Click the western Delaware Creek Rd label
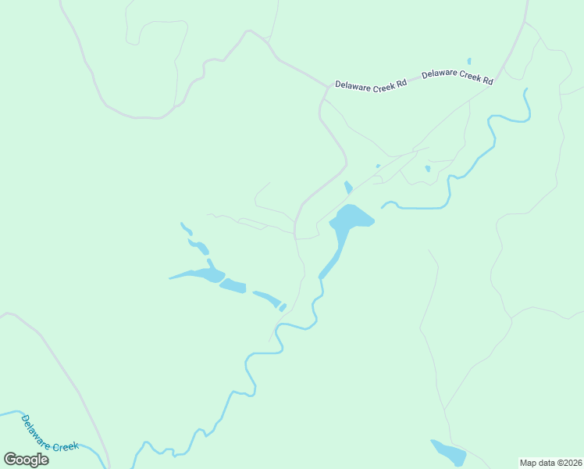point(371,84)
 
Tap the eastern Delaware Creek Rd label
point(458,77)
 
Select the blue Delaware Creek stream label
point(49,433)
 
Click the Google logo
point(27,460)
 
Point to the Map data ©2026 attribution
point(551,462)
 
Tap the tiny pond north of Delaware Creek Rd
point(468,61)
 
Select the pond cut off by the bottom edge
point(448,453)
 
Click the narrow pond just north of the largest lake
point(348,188)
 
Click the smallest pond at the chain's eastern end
point(283,307)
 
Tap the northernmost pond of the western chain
point(186,228)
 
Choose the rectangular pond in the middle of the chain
point(233,286)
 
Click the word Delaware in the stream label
point(35,427)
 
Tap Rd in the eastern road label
point(487,80)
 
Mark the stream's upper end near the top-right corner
point(525,89)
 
